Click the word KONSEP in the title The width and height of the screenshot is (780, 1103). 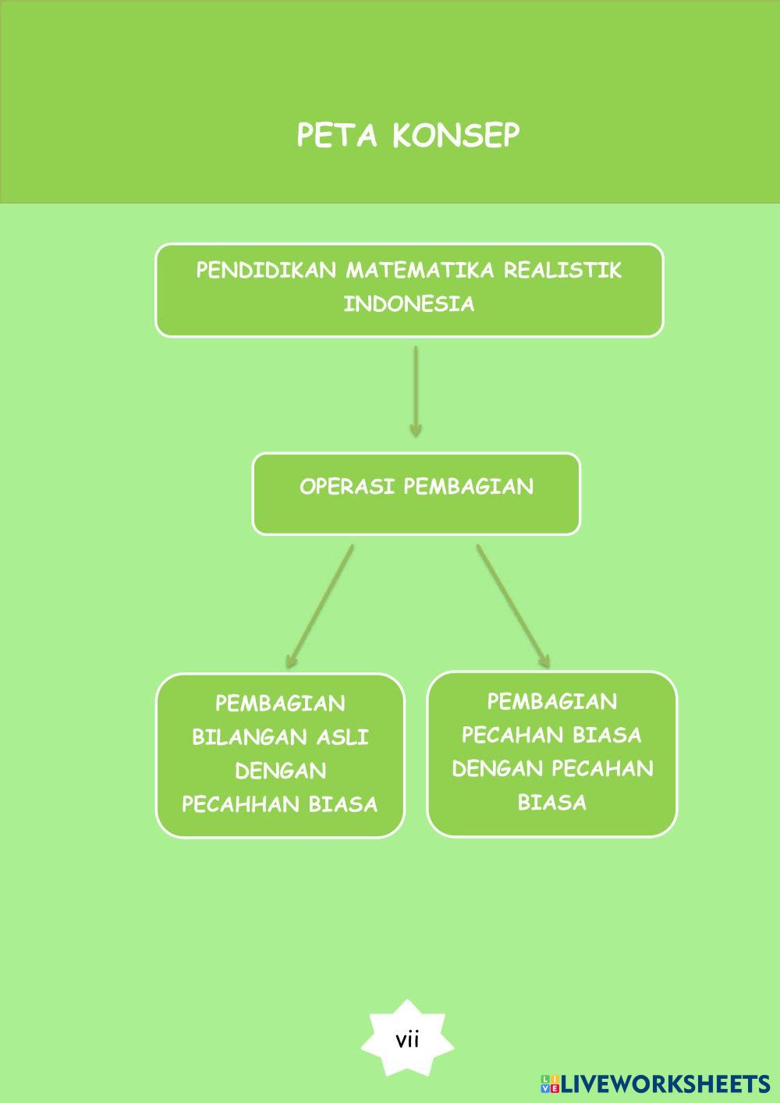click(x=455, y=136)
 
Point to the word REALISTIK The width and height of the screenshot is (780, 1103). click(x=562, y=271)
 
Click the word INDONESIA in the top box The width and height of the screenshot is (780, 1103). click(x=409, y=304)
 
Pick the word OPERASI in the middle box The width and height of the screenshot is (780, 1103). click(x=348, y=487)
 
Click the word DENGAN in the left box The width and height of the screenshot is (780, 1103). click(x=280, y=771)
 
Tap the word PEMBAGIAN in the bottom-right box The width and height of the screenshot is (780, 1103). click(x=551, y=702)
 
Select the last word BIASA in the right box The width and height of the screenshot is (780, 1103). click(x=551, y=803)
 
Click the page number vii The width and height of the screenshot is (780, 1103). click(x=407, y=1040)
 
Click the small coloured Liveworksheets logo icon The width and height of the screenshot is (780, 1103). click(x=550, y=1083)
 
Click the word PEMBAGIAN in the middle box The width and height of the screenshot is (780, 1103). click(x=469, y=487)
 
